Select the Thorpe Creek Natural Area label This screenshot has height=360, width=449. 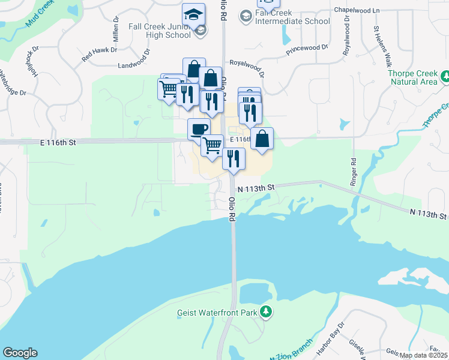coord(413,77)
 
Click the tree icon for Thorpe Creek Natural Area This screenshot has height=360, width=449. coord(445,76)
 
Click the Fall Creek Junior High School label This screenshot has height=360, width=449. coord(160,31)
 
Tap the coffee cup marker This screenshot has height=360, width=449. coord(199,128)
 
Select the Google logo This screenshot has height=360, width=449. coord(20,353)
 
